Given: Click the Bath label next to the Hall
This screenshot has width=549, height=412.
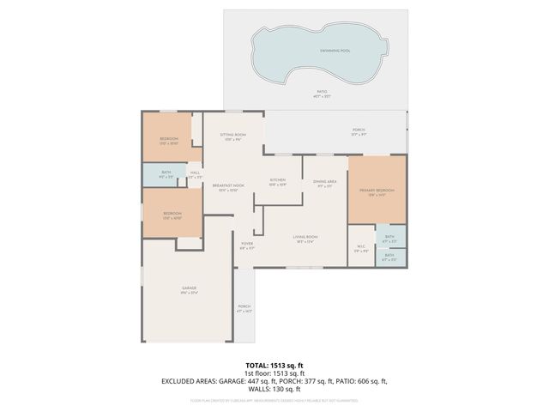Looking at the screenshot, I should [166, 174].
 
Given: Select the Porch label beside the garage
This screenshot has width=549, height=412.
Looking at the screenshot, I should [244, 307].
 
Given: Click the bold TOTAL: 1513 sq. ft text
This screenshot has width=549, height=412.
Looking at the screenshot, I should [274, 365].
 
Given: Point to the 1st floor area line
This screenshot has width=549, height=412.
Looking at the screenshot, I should [274, 373].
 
